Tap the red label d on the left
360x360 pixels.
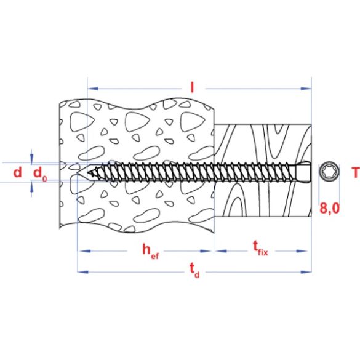(x=17, y=172)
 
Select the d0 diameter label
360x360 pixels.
(x=40, y=174)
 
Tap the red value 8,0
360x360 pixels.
(x=330, y=209)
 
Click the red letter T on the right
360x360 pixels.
(x=354, y=172)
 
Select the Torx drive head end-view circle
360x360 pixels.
(x=327, y=172)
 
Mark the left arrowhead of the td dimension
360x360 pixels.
(x=81, y=270)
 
